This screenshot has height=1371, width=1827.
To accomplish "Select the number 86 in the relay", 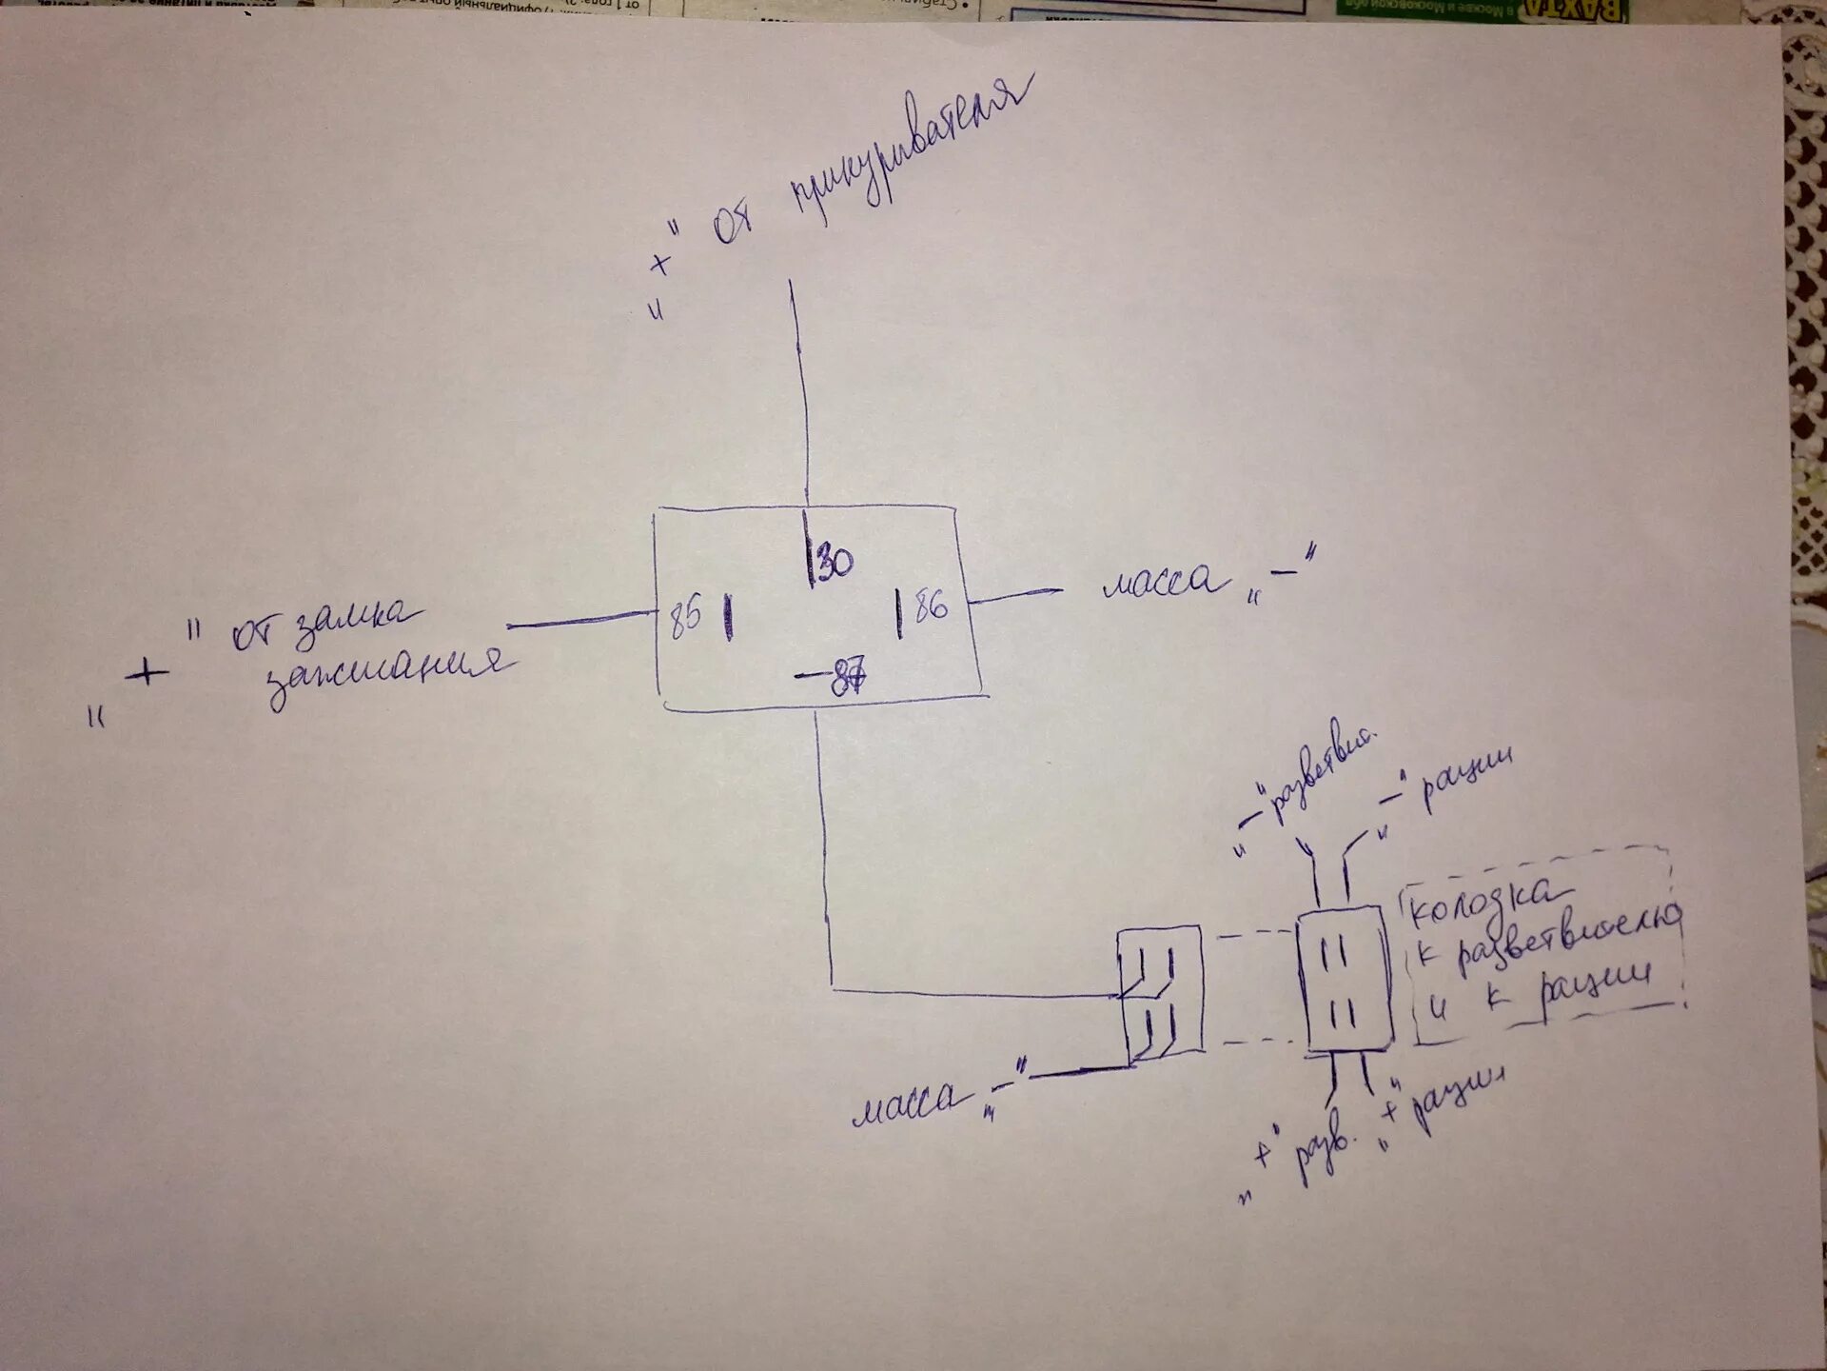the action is [931, 606].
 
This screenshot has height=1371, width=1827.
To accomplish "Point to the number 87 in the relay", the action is [847, 679].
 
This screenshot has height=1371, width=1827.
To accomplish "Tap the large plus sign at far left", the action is [147, 674].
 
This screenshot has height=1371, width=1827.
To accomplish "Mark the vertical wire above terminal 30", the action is [799, 390].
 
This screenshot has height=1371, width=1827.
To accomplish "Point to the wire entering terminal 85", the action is [580, 621].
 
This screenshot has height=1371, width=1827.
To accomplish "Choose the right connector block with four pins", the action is [1345, 979].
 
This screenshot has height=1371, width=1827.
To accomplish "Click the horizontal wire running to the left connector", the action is [971, 994].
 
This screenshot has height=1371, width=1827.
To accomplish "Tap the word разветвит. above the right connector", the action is [1318, 773].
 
